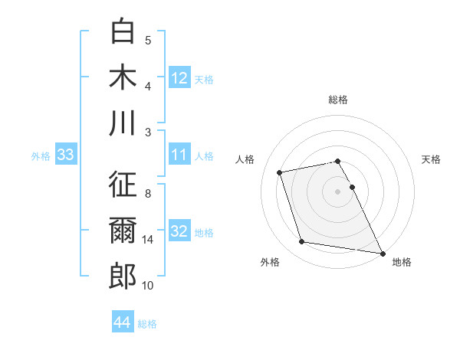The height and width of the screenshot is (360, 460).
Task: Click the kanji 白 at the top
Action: (123, 31)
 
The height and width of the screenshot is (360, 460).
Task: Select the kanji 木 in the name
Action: (123, 77)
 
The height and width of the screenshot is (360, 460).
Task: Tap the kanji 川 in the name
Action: (123, 123)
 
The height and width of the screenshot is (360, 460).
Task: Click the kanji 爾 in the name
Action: (123, 231)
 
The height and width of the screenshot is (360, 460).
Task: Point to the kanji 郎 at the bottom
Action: (123, 276)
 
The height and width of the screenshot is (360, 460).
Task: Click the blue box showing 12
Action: (179, 77)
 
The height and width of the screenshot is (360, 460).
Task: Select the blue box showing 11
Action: (179, 155)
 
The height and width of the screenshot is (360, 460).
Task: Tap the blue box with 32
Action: (179, 231)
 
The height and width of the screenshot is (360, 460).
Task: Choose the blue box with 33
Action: (66, 155)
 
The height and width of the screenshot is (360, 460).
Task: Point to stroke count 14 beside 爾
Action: (148, 240)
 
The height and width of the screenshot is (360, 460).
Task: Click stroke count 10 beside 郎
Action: (148, 286)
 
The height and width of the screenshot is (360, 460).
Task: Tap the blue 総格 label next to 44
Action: (147, 324)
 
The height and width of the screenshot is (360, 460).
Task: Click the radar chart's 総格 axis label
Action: (338, 100)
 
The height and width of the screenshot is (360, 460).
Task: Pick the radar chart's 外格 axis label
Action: (270, 262)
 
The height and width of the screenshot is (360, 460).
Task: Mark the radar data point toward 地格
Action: (382, 253)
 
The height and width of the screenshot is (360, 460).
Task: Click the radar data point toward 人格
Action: (280, 172)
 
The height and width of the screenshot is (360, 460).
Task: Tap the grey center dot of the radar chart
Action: (338, 191)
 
